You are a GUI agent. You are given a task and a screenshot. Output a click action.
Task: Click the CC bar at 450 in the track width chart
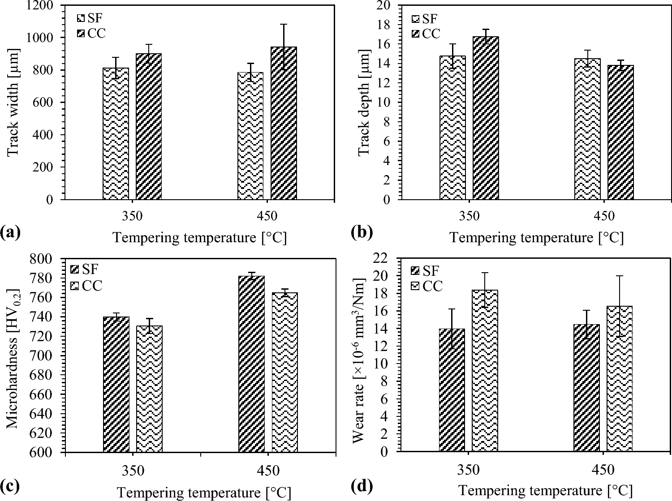(x=284, y=123)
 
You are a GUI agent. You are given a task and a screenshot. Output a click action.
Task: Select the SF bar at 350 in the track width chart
(x=116, y=134)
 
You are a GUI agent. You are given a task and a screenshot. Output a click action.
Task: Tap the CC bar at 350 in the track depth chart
(x=486, y=118)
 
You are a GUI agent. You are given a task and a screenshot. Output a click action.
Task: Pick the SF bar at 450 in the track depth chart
(x=587, y=129)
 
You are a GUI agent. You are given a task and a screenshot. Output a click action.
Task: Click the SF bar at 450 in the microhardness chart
(x=251, y=364)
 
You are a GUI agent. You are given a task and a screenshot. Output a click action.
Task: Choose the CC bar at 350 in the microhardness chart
(x=149, y=389)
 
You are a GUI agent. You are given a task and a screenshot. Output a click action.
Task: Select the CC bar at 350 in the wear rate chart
(x=485, y=371)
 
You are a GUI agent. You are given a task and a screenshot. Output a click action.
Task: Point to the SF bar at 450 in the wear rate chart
(x=586, y=388)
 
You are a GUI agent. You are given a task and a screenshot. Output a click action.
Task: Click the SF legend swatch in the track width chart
(x=81, y=18)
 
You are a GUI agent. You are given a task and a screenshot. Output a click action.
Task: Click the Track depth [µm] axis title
(x=364, y=103)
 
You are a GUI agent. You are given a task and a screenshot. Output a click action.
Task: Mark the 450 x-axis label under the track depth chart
(x=604, y=216)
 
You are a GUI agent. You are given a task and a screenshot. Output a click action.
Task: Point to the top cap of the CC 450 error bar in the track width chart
(x=284, y=24)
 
